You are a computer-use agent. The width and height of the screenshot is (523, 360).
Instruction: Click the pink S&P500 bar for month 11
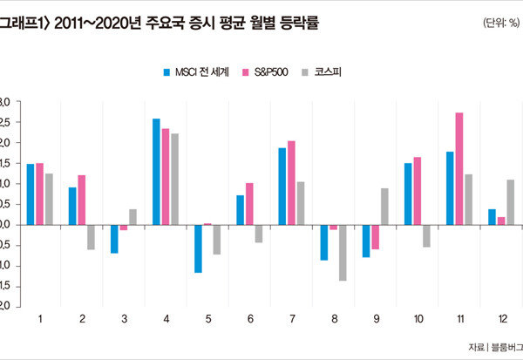459,168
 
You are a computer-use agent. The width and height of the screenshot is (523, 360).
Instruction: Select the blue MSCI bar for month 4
156,172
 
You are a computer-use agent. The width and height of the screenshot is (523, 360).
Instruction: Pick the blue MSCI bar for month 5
198,248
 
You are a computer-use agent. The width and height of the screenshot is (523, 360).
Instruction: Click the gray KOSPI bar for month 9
385,207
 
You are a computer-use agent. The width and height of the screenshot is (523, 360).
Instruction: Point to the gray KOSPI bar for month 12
511,202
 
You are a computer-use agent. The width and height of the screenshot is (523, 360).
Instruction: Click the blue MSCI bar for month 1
31,194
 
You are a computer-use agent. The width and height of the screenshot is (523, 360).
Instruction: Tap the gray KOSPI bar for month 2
91,237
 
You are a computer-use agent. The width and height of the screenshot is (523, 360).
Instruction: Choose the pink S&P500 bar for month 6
249,204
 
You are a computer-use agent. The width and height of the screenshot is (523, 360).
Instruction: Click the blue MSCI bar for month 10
408,194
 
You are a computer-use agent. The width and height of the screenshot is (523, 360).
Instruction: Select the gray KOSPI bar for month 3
132,217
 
